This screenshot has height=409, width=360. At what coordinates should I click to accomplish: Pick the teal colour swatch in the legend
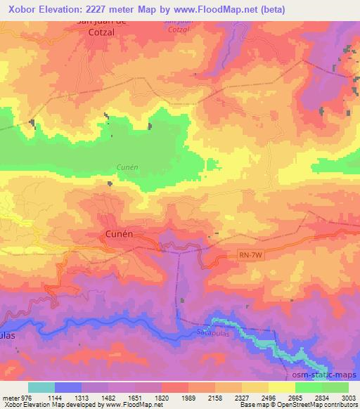pos(41,387)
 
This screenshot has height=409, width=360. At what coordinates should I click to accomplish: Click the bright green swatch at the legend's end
pos(335,387)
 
